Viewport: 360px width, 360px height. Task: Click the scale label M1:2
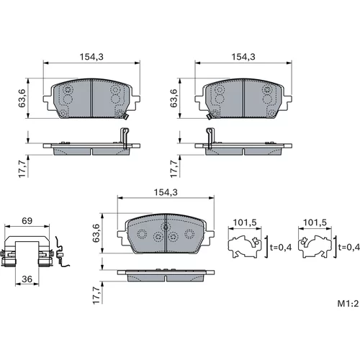pos(348,304)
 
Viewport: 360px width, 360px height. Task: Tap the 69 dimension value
pos(27,221)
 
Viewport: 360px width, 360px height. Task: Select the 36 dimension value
pos(27,279)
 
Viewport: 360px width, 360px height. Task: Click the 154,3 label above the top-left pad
pos(91,57)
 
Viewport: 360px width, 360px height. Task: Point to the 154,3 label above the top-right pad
pos(243,57)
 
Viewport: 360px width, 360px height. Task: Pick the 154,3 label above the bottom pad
pos(166,192)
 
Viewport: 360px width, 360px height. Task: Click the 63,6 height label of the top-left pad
pos(22,98)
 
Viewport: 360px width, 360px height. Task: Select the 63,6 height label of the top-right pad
pos(174,98)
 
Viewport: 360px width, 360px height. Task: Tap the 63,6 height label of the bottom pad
pos(96,233)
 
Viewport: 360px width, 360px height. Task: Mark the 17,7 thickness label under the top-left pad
pos(22,168)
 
